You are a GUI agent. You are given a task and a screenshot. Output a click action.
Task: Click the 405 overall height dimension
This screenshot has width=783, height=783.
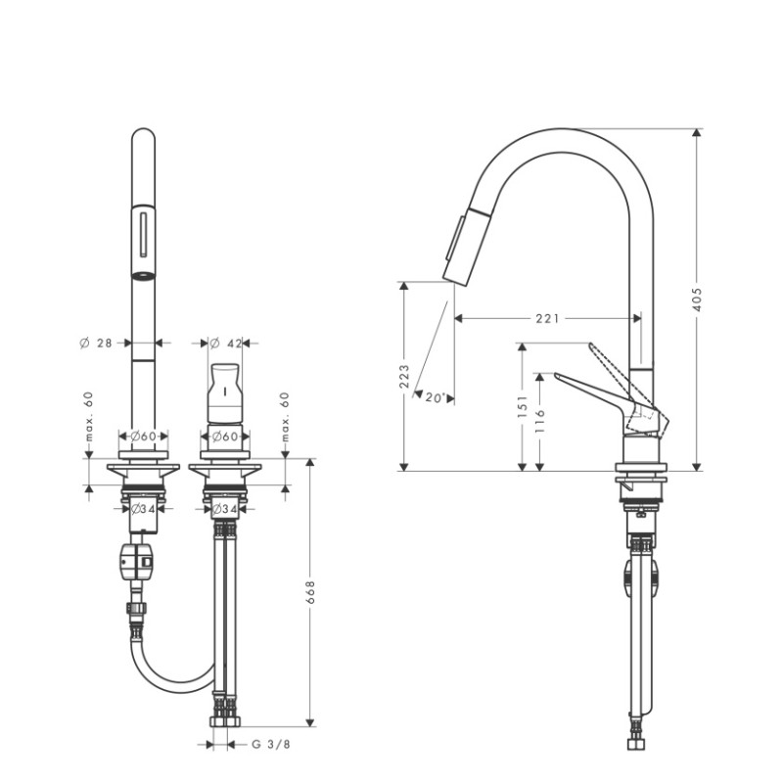coord(697,298)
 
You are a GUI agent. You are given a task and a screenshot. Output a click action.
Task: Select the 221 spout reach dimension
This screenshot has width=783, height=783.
coord(548,318)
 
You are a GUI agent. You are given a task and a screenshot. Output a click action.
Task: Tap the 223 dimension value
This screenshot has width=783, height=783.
coord(404,376)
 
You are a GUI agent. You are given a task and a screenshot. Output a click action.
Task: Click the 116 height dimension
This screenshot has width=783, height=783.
coord(540,420)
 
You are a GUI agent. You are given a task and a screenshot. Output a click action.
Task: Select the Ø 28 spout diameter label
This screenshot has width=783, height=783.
coord(97,343)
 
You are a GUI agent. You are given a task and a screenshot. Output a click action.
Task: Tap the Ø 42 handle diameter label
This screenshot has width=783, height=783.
coord(227,343)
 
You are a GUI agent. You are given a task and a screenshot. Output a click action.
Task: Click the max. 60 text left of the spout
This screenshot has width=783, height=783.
coord(88,415)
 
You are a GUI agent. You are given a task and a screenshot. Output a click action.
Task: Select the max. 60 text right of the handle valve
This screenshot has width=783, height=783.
coord(286,415)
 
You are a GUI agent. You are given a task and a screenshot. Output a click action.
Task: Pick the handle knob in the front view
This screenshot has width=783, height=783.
coord(225,391)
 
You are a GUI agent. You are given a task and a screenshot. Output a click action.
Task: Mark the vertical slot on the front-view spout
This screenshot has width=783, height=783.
coord(144,236)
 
